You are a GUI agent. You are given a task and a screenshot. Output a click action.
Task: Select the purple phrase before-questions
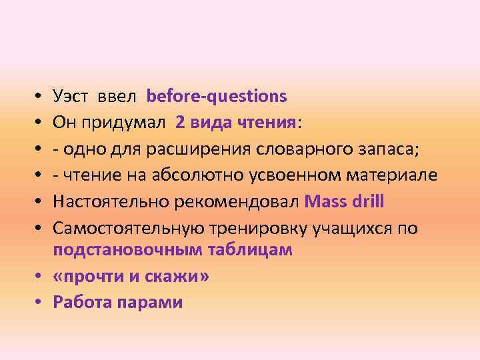(x=217, y=97)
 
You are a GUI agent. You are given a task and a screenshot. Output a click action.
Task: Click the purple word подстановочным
(x=119, y=251)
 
